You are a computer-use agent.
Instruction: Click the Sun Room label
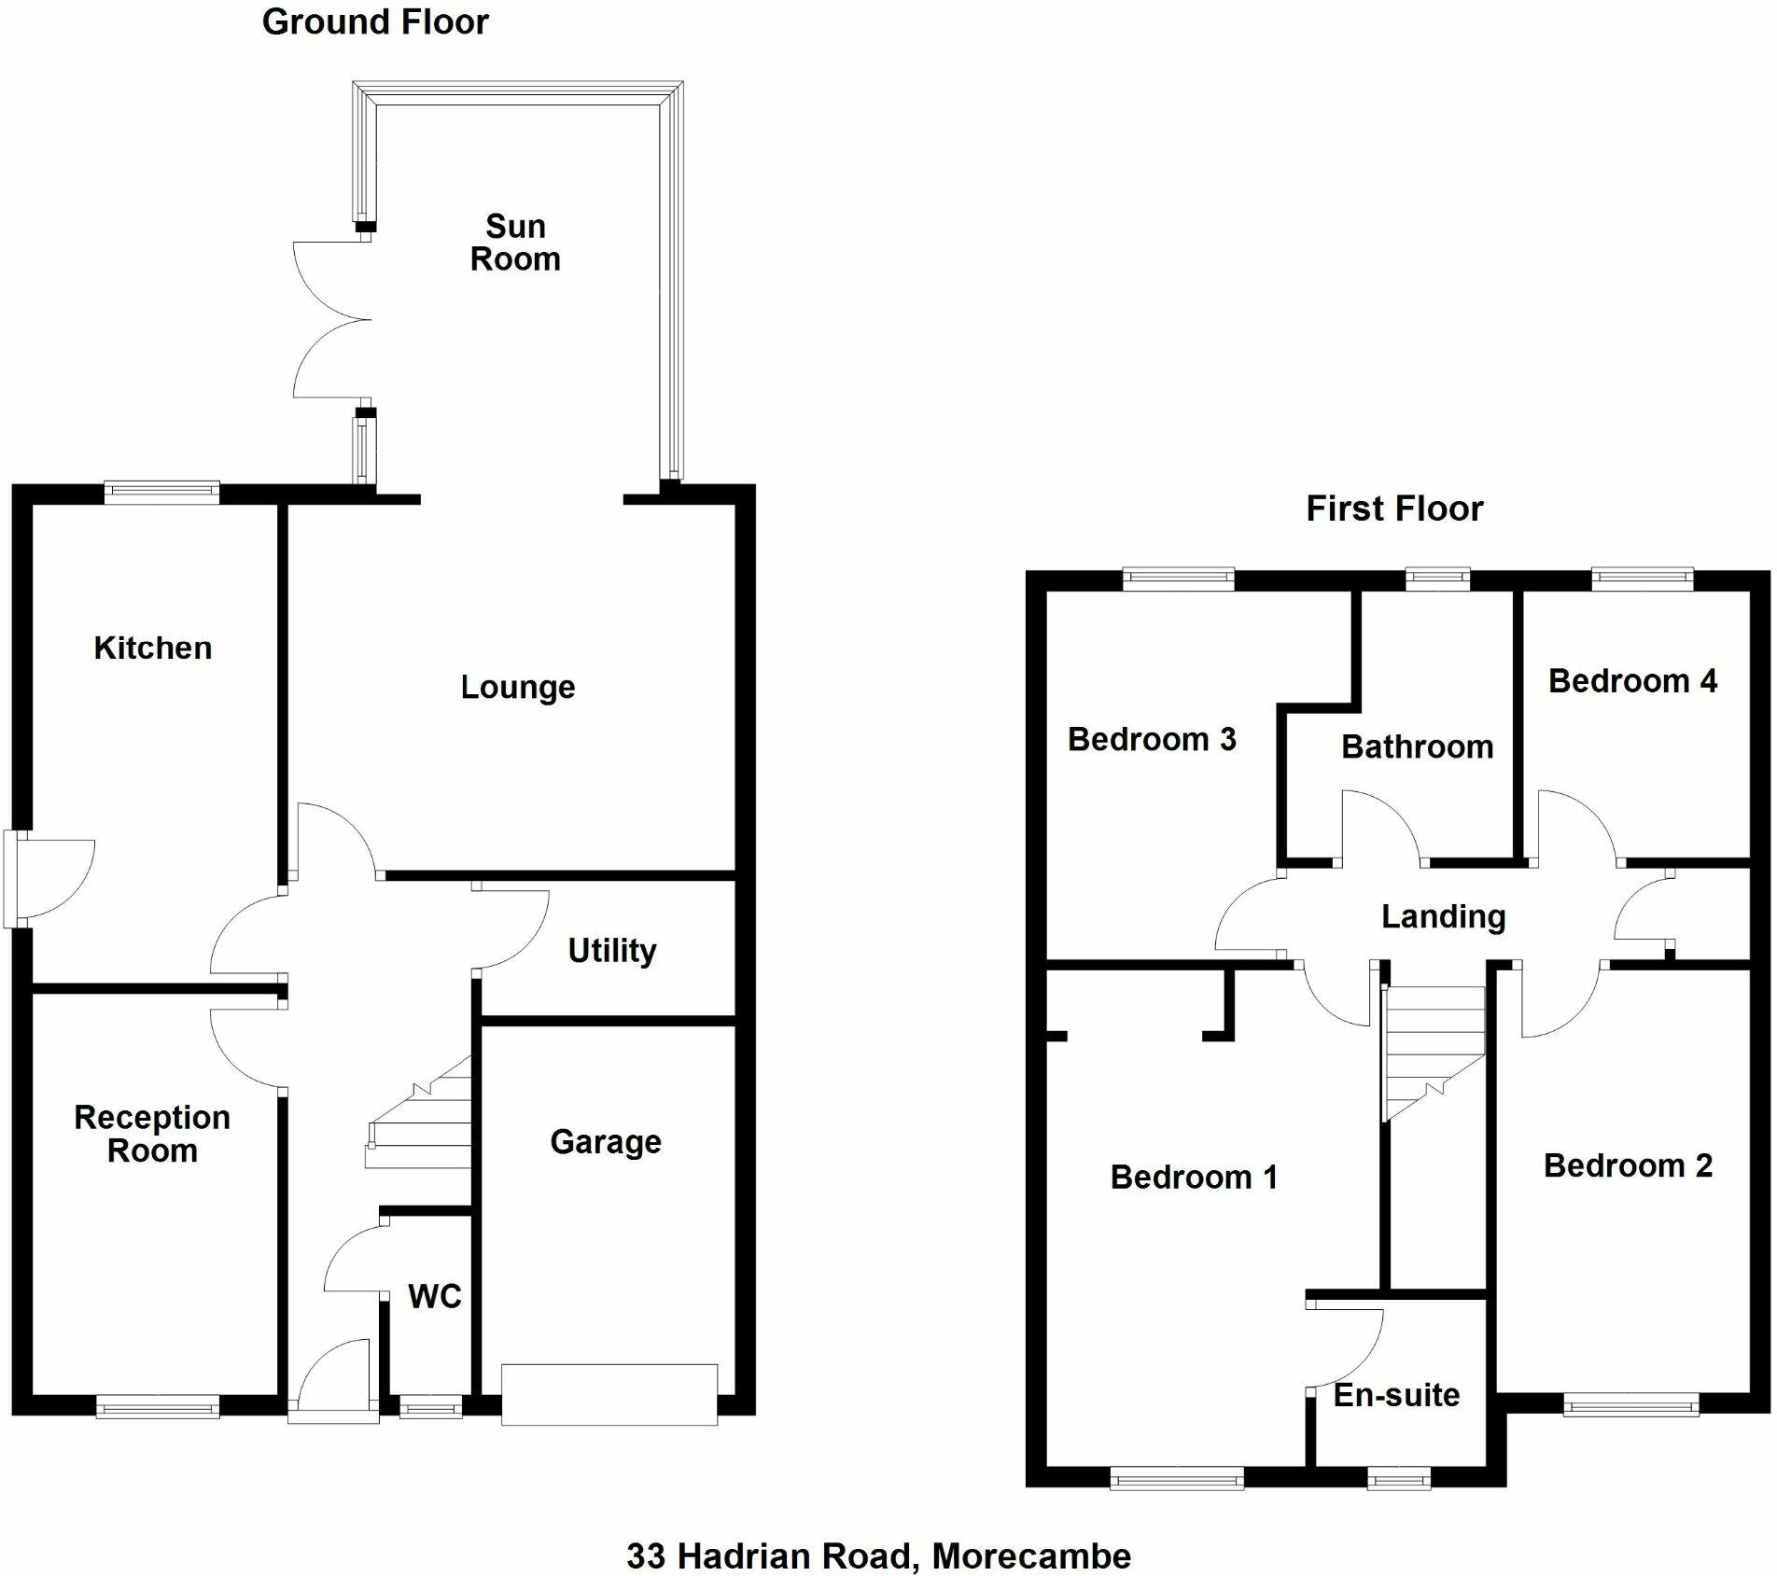(x=515, y=243)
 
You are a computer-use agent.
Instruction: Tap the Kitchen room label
(x=153, y=648)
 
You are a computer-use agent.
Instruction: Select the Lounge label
(x=518, y=688)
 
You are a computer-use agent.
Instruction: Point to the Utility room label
(x=612, y=951)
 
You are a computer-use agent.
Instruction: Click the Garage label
(x=606, y=1141)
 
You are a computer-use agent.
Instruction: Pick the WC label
(x=435, y=1296)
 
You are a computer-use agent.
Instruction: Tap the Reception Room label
(x=152, y=1134)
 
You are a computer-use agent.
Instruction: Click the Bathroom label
(x=1417, y=746)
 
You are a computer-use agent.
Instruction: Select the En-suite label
(x=1396, y=1395)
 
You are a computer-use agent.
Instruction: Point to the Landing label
(x=1443, y=917)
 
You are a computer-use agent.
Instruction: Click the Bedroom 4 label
(x=1632, y=681)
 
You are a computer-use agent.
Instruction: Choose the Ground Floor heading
(x=375, y=22)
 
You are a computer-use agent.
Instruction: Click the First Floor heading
(x=1394, y=509)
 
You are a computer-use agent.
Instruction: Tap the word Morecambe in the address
(x=1031, y=1555)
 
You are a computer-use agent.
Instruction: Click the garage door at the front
(x=609, y=1394)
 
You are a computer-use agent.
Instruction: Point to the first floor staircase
(x=1432, y=1051)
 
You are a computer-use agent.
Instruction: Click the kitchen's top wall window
(x=161, y=492)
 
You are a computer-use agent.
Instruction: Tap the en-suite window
(x=1398, y=1477)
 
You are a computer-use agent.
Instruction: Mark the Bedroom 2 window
(x=1630, y=1404)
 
